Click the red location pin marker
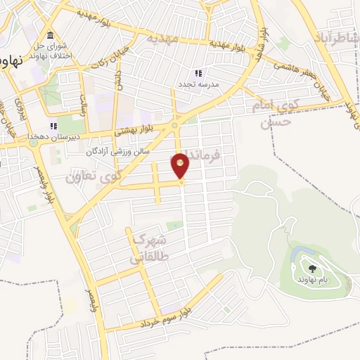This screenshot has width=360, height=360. pos(181,167)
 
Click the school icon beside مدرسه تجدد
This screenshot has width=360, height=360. pos(198,72)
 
